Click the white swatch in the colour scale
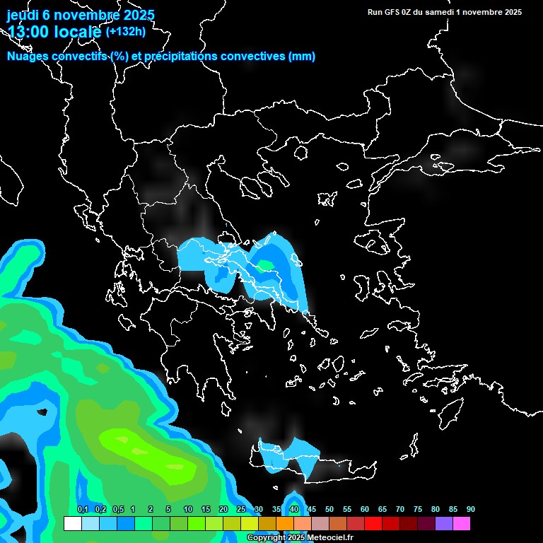pos(72,523)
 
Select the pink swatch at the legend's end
pos(462,523)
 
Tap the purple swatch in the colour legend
pos(444,523)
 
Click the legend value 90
pos(470,510)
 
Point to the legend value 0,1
pos(83,510)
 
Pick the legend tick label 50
pos(329,510)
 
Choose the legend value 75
pos(418,510)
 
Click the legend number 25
pos(241,510)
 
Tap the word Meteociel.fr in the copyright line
pos(329,538)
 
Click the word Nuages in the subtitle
pos(28,57)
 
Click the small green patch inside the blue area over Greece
pos(265,266)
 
